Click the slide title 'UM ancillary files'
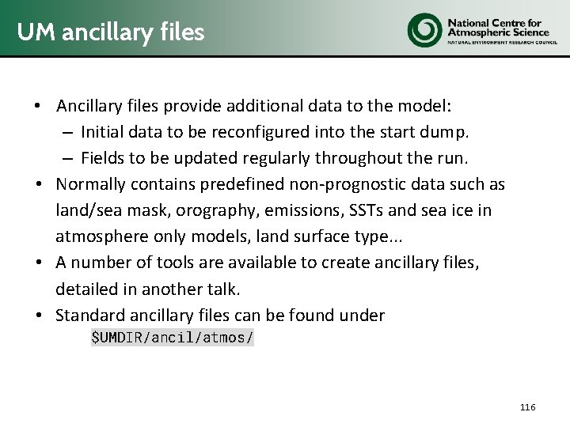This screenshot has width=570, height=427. [x=111, y=32]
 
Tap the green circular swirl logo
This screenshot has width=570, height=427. [x=424, y=28]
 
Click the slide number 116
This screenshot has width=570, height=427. [x=528, y=407]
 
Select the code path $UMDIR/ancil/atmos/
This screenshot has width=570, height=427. [x=173, y=338]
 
